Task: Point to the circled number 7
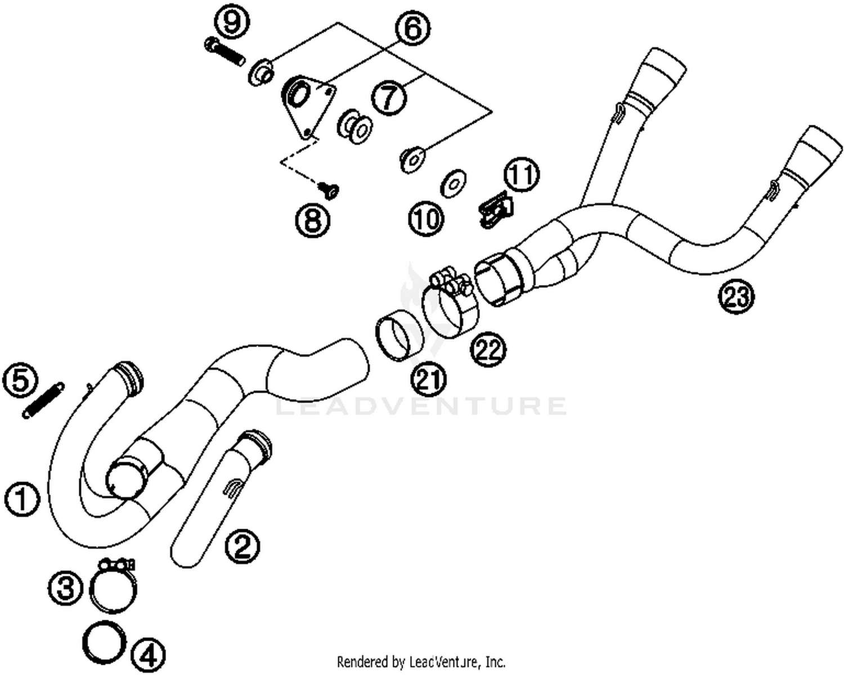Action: (389, 98)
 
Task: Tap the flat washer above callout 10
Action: (452, 183)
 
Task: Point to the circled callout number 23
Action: (737, 296)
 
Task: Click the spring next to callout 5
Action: (43, 400)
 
